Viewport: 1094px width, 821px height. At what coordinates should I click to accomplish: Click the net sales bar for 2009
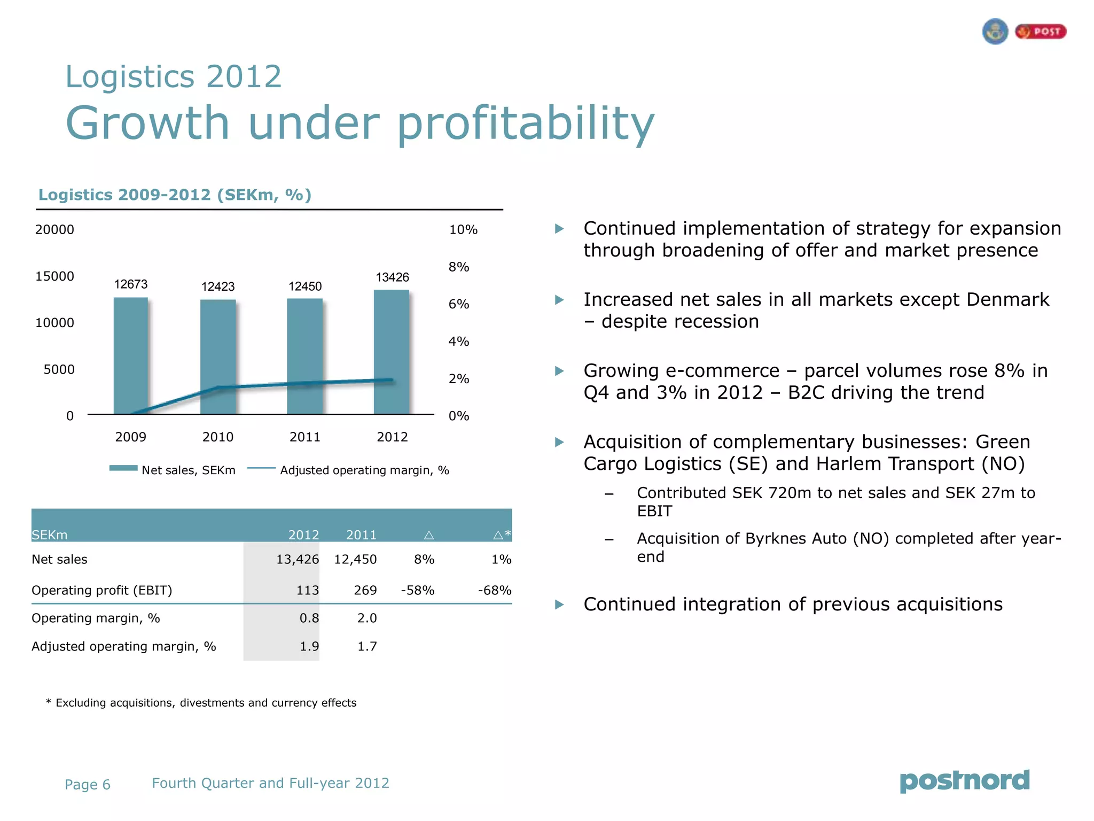pyautogui.click(x=131, y=355)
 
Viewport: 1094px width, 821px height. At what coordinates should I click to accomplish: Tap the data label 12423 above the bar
pyautogui.click(x=218, y=287)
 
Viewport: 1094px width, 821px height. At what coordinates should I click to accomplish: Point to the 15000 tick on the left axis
pyautogui.click(x=54, y=276)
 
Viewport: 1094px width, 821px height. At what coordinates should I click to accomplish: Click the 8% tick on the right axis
pyautogui.click(x=459, y=267)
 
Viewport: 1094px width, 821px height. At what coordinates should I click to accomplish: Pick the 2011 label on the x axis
pyautogui.click(x=305, y=437)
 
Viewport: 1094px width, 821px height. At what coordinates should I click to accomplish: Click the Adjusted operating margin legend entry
pyautogui.click(x=364, y=470)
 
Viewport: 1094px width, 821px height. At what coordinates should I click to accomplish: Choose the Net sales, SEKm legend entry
pyautogui.click(x=188, y=470)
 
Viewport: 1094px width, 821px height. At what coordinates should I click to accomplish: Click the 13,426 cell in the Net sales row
pyautogui.click(x=297, y=560)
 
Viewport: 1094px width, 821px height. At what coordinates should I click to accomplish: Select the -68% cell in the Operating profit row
pyautogui.click(x=495, y=591)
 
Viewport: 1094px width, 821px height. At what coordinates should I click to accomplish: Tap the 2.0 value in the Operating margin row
pyautogui.click(x=367, y=618)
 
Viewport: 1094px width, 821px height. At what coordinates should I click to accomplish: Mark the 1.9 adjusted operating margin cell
pyautogui.click(x=309, y=647)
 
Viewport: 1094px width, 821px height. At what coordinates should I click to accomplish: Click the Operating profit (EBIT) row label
pyautogui.click(x=102, y=591)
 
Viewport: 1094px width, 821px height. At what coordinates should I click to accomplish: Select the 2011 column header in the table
pyautogui.click(x=361, y=535)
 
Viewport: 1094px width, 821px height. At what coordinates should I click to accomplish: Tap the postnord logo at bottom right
pyautogui.click(x=965, y=781)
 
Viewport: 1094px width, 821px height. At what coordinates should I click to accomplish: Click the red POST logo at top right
pyautogui.click(x=1041, y=32)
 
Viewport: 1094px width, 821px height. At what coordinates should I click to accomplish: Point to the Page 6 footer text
pyautogui.click(x=88, y=785)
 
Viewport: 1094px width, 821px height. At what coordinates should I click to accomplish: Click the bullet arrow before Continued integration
pyautogui.click(x=559, y=605)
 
